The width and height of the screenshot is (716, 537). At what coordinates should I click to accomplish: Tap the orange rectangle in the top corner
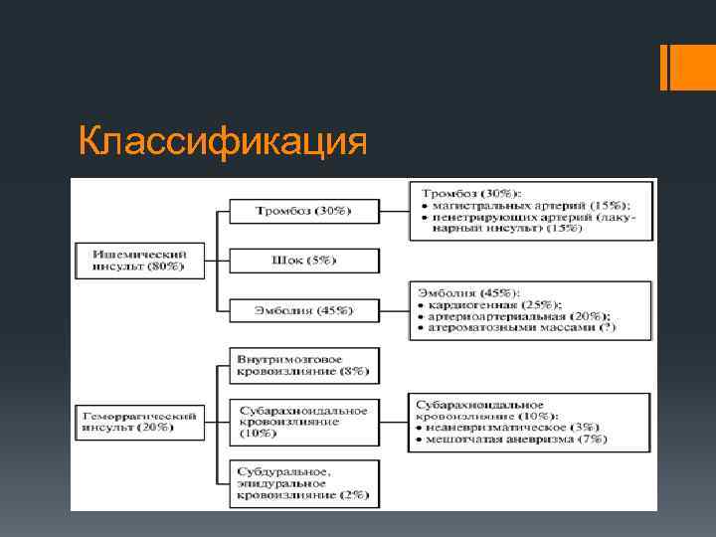(687, 67)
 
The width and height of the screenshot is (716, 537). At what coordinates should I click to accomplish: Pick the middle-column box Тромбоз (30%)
(303, 211)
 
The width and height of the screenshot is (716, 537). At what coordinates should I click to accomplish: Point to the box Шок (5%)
(303, 261)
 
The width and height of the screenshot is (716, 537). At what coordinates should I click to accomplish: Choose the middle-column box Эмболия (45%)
(303, 310)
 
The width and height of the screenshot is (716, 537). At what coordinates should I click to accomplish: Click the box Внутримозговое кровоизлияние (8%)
(303, 364)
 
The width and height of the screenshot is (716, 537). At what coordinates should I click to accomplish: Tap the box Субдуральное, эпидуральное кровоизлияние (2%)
(303, 481)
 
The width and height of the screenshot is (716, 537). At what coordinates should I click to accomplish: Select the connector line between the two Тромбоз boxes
(394, 211)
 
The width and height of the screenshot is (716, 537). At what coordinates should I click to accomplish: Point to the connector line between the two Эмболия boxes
(394, 310)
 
